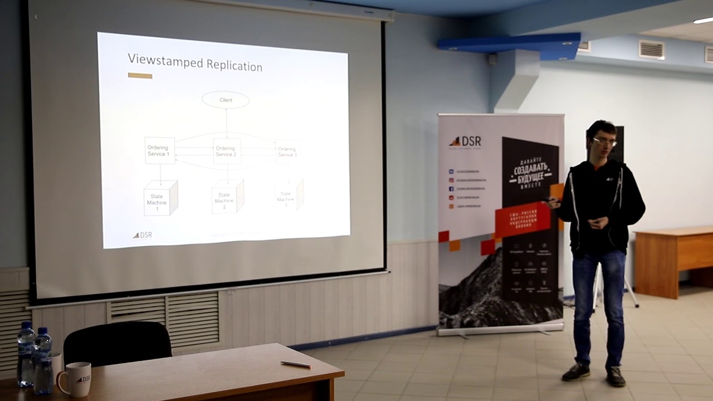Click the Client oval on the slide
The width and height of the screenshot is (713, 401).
click(x=225, y=100)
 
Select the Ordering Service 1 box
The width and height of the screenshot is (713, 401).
click(x=159, y=150)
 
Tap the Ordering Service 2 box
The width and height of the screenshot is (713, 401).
click(x=227, y=151)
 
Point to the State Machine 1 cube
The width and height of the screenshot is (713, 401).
click(x=160, y=198)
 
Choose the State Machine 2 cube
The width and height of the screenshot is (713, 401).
click(x=227, y=197)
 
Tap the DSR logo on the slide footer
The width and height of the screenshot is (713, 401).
click(x=143, y=235)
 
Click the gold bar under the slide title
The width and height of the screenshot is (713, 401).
click(x=140, y=76)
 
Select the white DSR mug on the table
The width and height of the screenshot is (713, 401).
click(x=77, y=379)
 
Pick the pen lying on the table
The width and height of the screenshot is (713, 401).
click(x=295, y=364)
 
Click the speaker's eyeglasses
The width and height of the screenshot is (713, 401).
click(x=604, y=142)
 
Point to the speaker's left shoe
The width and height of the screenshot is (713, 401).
click(x=616, y=376)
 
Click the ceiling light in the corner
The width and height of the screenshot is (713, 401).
click(x=703, y=21)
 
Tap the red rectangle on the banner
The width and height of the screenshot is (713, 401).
click(x=522, y=219)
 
